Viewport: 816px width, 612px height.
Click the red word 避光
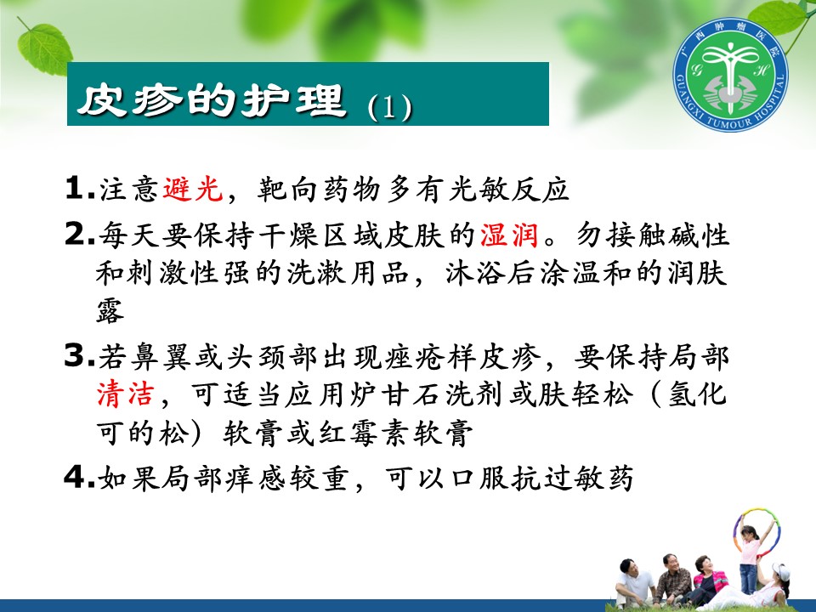coord(193,189)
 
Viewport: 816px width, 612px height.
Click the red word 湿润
coord(509,235)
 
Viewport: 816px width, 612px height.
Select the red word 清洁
coord(126,394)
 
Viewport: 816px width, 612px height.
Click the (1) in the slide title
coord(390,107)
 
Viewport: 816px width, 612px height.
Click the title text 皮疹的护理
coord(212,99)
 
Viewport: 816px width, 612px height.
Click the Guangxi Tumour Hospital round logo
coord(730,75)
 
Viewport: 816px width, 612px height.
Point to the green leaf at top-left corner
coord(44,48)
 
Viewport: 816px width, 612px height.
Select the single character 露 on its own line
coord(110,311)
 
